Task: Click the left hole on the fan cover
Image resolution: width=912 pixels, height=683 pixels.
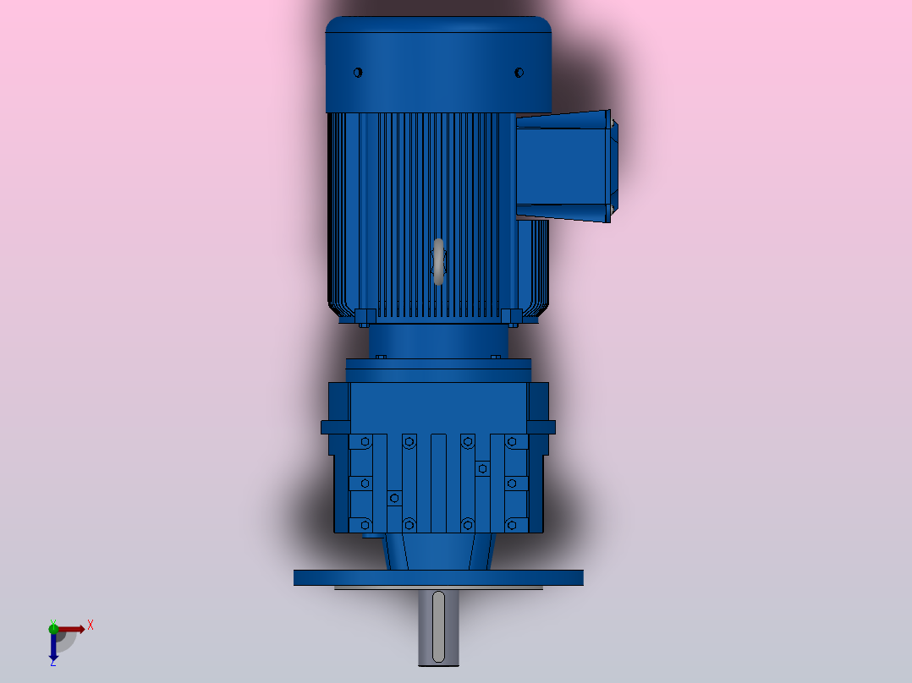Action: (x=357, y=73)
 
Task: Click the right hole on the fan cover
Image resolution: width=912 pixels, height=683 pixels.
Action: (x=519, y=73)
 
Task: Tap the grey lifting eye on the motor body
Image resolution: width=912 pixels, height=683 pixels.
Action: (x=438, y=261)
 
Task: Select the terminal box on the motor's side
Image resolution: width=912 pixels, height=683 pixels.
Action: (x=564, y=165)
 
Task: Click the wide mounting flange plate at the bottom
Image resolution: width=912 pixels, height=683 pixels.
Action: (x=438, y=578)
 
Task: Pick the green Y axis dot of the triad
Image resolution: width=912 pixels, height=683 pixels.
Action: (x=53, y=627)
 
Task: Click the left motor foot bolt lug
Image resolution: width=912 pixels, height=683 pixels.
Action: (x=365, y=317)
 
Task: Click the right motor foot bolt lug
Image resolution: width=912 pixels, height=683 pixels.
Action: (x=510, y=317)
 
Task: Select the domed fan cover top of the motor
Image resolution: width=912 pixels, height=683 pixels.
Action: (x=438, y=51)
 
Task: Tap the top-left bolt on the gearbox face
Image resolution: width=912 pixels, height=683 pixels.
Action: (x=365, y=441)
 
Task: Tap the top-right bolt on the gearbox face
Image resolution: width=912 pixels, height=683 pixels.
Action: (x=512, y=441)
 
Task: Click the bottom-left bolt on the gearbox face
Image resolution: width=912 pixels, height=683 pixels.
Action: (x=365, y=524)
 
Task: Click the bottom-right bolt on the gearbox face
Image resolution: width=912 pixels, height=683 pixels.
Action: (x=512, y=524)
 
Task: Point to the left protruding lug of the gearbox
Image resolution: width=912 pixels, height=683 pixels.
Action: (x=333, y=427)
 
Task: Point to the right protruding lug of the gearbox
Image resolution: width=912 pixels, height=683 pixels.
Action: (x=542, y=427)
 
